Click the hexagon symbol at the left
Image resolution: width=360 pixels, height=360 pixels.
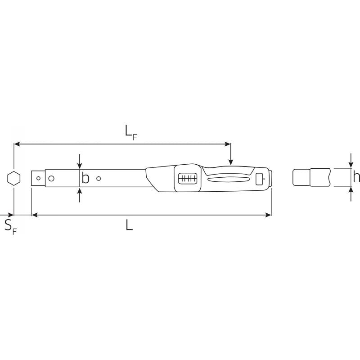click(x=14, y=179)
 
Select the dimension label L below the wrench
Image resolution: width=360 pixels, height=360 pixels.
click(x=129, y=225)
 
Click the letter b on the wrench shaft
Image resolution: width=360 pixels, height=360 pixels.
click(x=85, y=179)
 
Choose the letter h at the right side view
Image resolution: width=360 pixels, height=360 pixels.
click(x=356, y=177)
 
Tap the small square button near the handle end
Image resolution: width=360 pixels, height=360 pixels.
click(x=259, y=179)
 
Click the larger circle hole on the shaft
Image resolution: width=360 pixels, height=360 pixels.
click(x=51, y=179)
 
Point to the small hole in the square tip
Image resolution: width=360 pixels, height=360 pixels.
click(x=38, y=179)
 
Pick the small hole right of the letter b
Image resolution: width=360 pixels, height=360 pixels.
click(x=99, y=179)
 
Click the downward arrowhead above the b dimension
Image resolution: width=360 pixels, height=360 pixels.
click(x=80, y=166)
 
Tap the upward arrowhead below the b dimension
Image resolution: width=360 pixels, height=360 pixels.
click(x=80, y=191)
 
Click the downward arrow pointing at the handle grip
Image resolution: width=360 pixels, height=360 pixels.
click(x=230, y=161)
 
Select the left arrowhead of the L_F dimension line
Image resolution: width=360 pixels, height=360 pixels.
click(x=17, y=144)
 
